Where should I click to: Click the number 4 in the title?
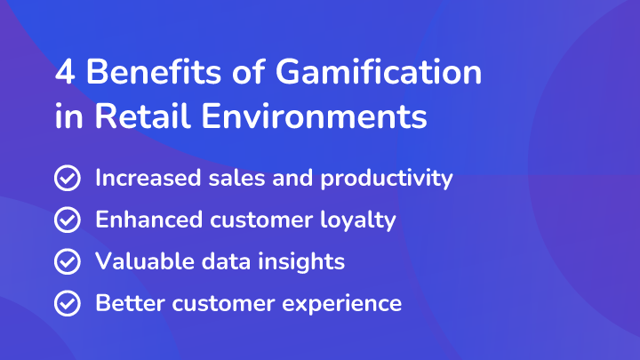point(65,72)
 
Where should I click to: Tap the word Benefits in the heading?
point(154,71)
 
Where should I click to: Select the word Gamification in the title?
point(379,71)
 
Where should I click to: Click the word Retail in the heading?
point(143,116)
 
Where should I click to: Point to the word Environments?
point(315,116)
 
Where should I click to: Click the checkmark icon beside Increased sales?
point(68,178)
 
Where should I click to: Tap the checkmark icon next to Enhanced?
point(68,220)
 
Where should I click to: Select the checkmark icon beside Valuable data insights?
point(68,261)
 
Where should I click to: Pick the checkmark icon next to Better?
point(68,303)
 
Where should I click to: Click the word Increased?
point(148,178)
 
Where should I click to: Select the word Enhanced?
point(149,220)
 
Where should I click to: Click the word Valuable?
point(145,261)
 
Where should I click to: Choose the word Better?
point(130,303)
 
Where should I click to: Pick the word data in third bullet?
point(226,261)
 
